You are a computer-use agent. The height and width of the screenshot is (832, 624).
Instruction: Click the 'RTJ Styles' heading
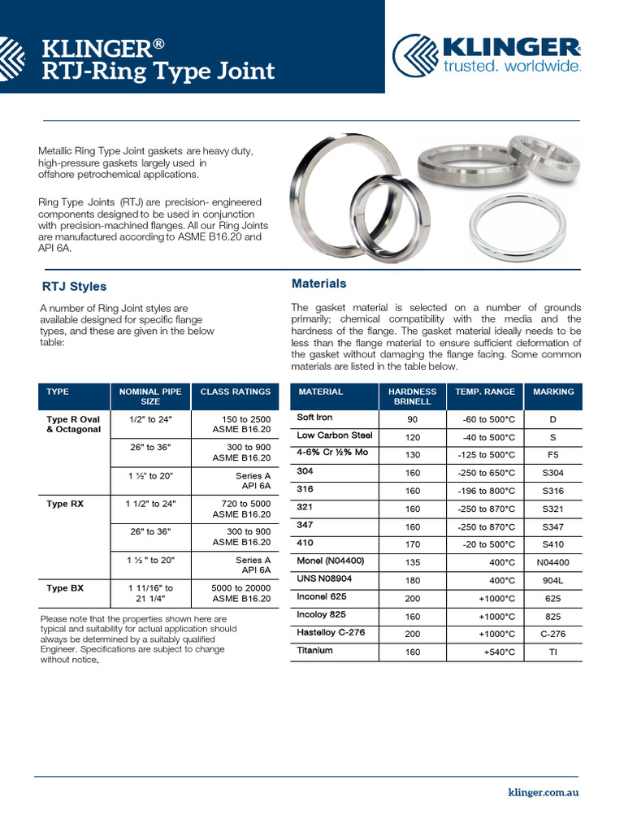(x=74, y=287)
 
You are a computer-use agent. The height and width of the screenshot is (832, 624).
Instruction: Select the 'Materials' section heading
(x=318, y=284)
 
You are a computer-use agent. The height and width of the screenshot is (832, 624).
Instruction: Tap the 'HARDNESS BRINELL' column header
(x=413, y=396)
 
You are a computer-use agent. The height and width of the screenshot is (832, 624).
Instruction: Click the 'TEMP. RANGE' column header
(x=485, y=392)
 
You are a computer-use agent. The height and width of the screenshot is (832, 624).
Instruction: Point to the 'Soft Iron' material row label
(x=314, y=418)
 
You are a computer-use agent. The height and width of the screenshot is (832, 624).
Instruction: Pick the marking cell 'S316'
(x=553, y=491)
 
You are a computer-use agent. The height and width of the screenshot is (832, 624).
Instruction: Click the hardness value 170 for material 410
(x=413, y=544)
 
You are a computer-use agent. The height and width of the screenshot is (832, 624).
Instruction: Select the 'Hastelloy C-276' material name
(x=331, y=633)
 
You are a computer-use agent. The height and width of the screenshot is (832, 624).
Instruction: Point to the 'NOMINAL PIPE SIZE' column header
(x=150, y=396)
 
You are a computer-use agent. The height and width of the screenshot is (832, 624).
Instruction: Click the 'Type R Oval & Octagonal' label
(x=74, y=423)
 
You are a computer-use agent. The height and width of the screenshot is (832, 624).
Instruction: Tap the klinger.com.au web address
(x=543, y=792)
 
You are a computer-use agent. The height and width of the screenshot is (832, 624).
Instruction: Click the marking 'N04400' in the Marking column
(x=553, y=562)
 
